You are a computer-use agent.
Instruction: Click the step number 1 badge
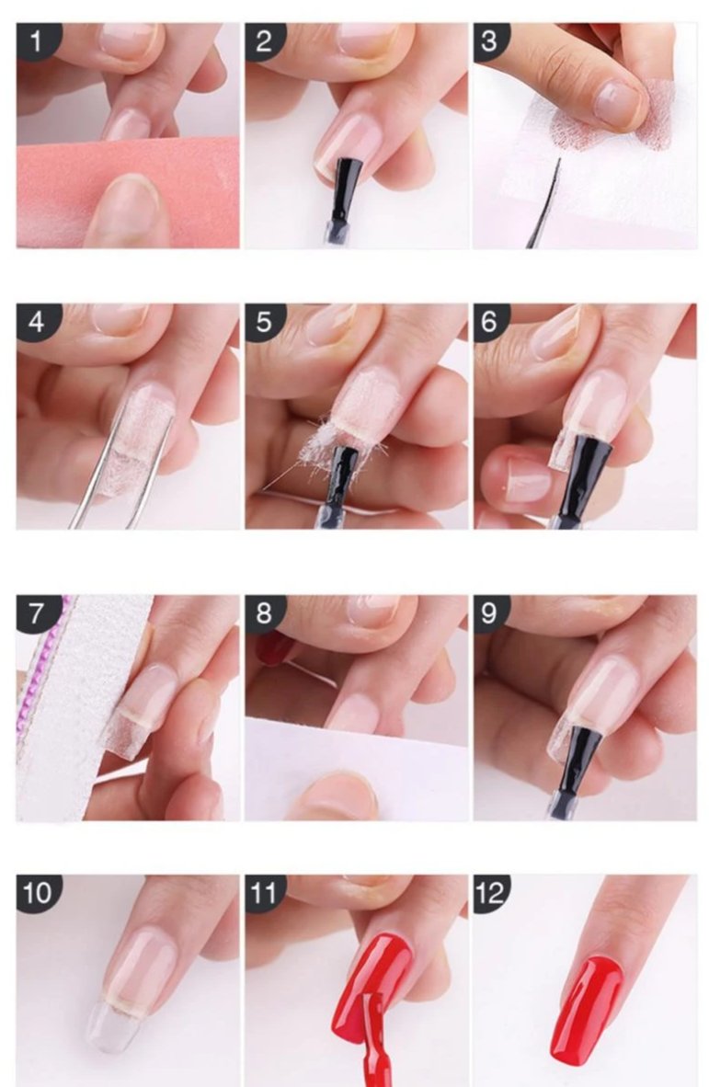[x=37, y=40]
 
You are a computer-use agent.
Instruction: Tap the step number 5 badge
[x=264, y=323]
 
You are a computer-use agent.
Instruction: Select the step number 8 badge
[x=264, y=613]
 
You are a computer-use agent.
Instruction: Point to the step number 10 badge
[x=38, y=892]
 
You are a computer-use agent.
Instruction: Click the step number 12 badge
[x=491, y=892]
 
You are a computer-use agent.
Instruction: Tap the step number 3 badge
[x=490, y=40]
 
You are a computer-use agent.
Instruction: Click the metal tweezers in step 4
[x=111, y=478]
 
